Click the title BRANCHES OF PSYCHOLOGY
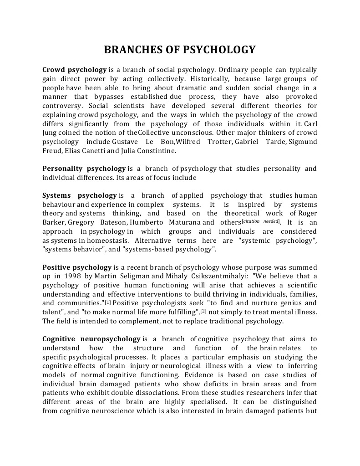coord(180,50)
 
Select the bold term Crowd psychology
coord(75,70)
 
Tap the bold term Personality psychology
coord(84,169)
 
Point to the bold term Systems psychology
coord(80,195)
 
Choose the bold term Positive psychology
coord(77,267)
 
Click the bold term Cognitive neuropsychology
coord(91,339)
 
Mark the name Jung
coord(51,133)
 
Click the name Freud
coord(52,151)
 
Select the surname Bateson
coord(111,222)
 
